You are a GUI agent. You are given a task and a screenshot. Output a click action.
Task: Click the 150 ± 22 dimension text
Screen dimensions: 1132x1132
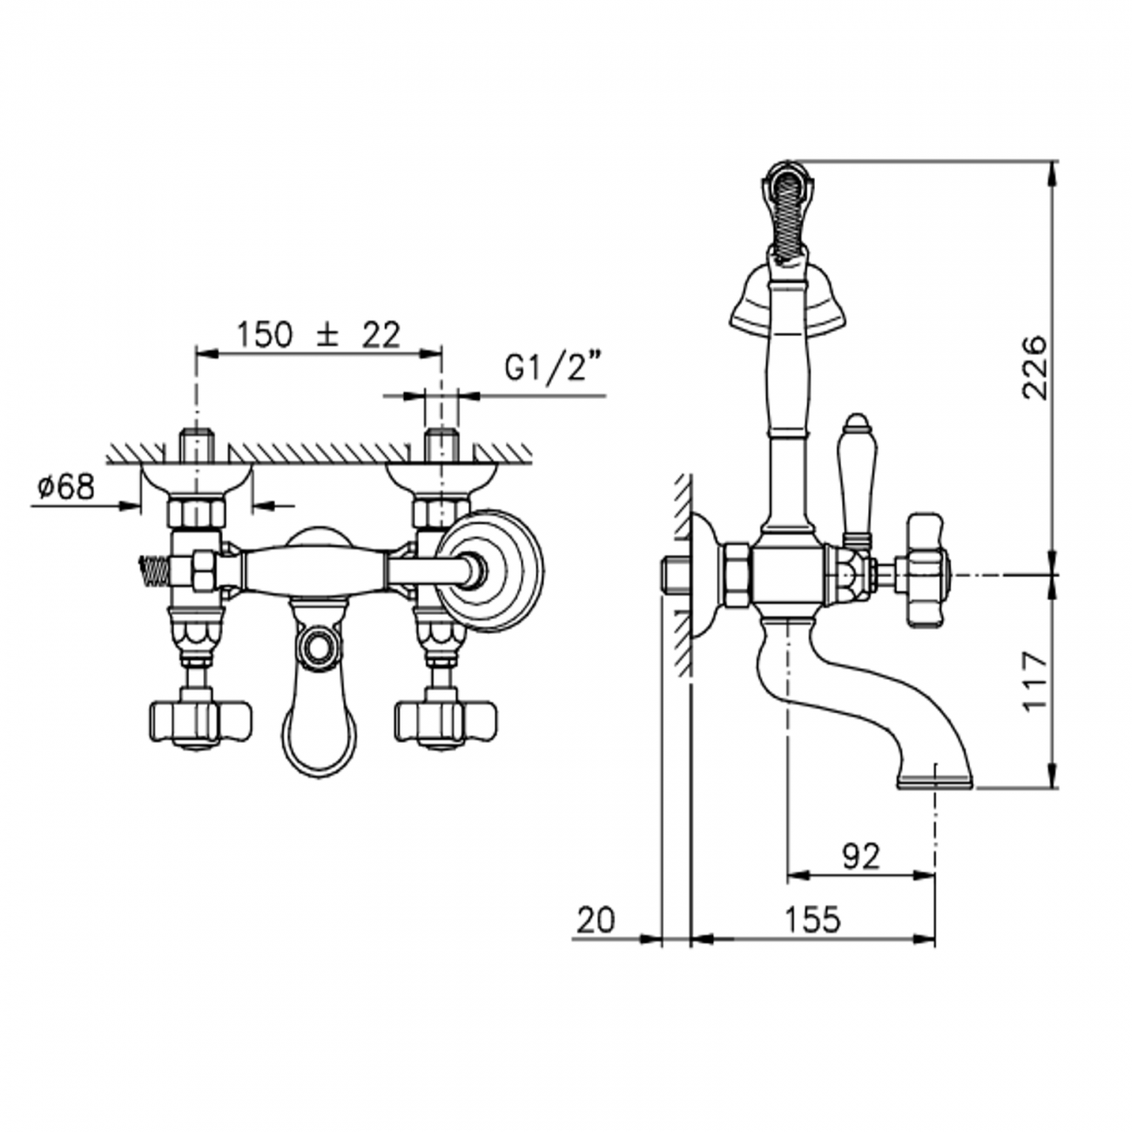[319, 335]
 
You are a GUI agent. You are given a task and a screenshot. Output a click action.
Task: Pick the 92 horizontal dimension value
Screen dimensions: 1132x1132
[861, 858]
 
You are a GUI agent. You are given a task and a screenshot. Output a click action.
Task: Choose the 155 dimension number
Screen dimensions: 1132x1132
[813, 920]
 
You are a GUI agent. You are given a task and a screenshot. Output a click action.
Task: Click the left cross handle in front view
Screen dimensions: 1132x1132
[199, 723]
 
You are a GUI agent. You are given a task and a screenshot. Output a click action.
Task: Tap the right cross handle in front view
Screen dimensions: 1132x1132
[445, 723]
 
